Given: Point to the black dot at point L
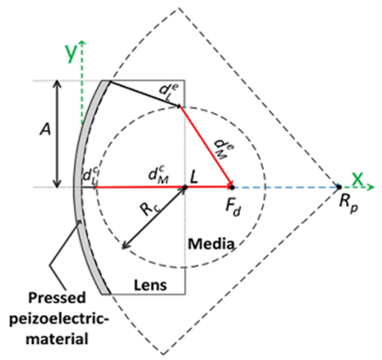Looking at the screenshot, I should coord(185,187).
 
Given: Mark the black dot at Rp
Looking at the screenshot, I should coord(339,186).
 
